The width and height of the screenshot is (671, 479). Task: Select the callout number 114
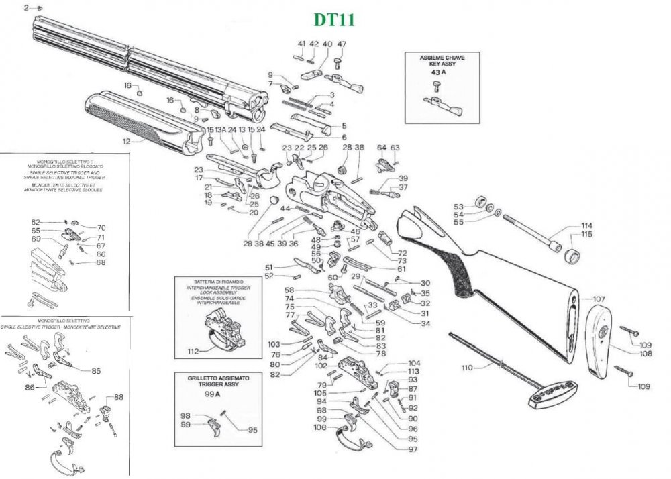pos(586,225)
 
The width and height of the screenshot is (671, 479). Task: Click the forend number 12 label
pos(125,142)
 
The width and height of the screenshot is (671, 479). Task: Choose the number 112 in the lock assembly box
pos(193,351)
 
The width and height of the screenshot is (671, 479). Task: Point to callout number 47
pos(342,44)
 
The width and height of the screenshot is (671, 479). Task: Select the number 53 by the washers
pos(459,207)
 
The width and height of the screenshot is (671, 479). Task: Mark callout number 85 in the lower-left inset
pos(96,370)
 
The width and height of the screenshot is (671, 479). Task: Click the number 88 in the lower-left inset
pos(119,397)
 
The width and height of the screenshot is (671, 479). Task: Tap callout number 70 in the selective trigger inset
pos(101,227)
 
